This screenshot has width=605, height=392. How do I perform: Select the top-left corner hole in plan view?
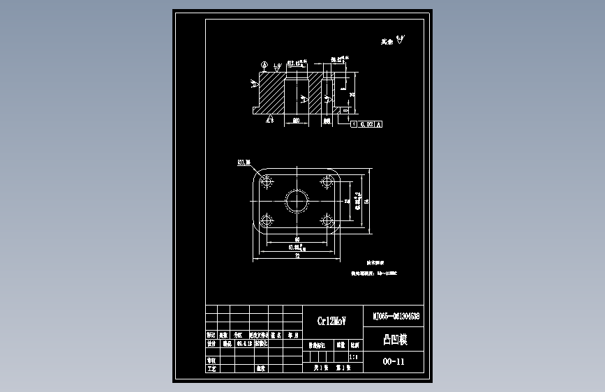tap(266, 181)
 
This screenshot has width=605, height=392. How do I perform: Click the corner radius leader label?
tap(244, 163)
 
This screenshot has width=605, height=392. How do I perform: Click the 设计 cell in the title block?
tap(211, 344)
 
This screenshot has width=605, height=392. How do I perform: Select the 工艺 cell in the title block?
tap(211, 367)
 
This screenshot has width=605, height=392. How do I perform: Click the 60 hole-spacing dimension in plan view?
tap(297, 239)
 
